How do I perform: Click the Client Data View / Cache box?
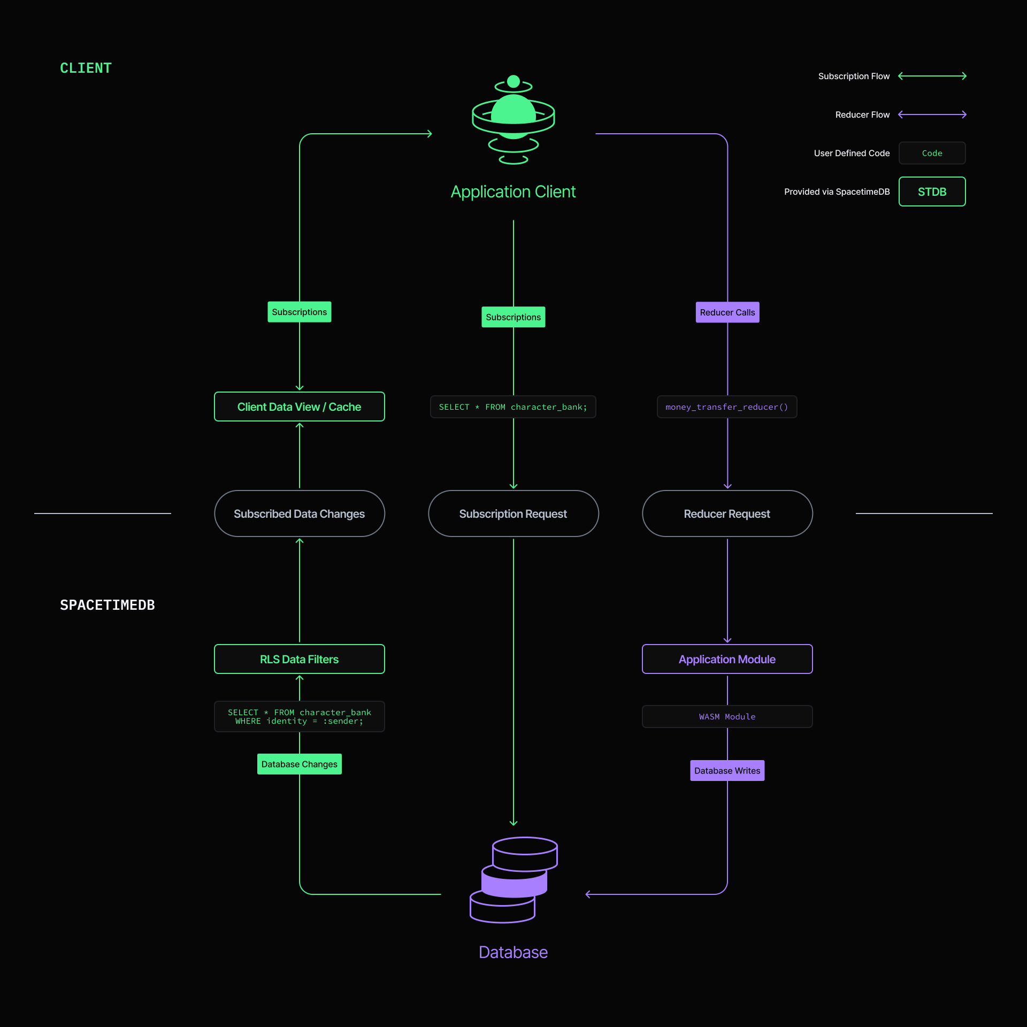pyautogui.click(x=299, y=407)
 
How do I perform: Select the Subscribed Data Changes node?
pyautogui.click(x=299, y=513)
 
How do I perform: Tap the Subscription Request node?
pyautogui.click(x=513, y=513)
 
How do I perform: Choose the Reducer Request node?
pyautogui.click(x=727, y=513)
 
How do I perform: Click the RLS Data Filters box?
pyautogui.click(x=299, y=659)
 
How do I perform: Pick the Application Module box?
pyautogui.click(x=727, y=659)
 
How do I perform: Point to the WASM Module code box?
pyautogui.click(x=727, y=716)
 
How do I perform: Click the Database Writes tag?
pyautogui.click(x=727, y=770)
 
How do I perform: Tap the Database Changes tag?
pyautogui.click(x=299, y=764)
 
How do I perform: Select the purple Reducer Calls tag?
pyautogui.click(x=727, y=312)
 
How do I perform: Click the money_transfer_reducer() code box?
pyautogui.click(x=726, y=407)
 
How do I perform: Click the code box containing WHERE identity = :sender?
pyautogui.click(x=299, y=716)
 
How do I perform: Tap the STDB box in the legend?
pyautogui.click(x=932, y=191)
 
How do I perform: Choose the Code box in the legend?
pyautogui.click(x=932, y=153)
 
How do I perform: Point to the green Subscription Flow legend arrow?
pyautogui.click(x=932, y=76)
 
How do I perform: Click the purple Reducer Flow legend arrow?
pyautogui.click(x=932, y=114)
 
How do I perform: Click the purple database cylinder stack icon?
pyautogui.click(x=513, y=879)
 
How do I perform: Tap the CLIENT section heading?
pyautogui.click(x=86, y=68)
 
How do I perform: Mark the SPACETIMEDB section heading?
pyautogui.click(x=107, y=605)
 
